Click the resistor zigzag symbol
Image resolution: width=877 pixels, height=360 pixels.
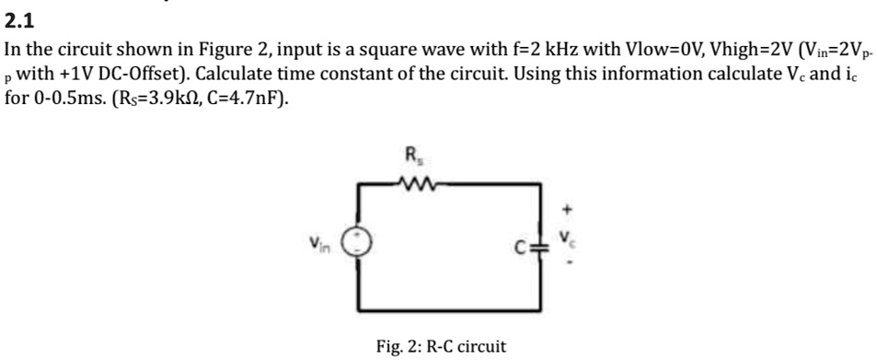(411, 180)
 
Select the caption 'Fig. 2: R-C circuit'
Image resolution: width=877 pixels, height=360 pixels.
(441, 346)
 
